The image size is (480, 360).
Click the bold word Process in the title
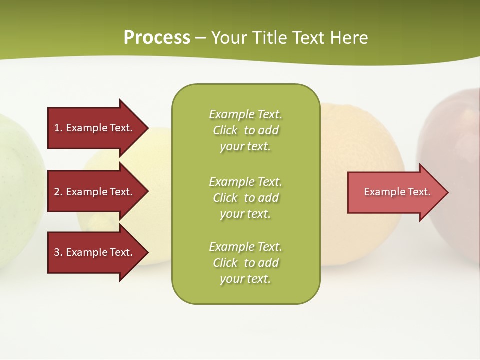[157, 37]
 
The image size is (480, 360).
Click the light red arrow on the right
[395, 192]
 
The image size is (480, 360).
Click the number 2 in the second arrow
[57, 192]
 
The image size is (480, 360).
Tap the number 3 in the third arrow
[57, 252]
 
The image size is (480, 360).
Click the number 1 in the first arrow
[57, 128]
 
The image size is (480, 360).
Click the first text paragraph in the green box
[245, 130]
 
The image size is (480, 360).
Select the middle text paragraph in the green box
[245, 198]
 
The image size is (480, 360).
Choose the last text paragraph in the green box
[245, 263]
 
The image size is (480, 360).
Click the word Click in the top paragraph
[225, 130]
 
